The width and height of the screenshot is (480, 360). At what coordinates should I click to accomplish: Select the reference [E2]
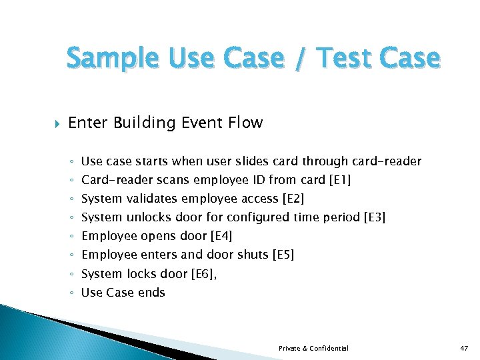(x=293, y=199)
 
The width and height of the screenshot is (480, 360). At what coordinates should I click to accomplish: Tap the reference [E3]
(x=374, y=217)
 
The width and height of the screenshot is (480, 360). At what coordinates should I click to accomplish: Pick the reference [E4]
(x=221, y=236)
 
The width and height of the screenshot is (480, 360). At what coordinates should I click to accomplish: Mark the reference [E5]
(x=284, y=255)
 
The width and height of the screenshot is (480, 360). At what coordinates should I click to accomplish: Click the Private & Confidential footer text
(x=313, y=349)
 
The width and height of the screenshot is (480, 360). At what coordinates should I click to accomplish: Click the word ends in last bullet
(x=152, y=292)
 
